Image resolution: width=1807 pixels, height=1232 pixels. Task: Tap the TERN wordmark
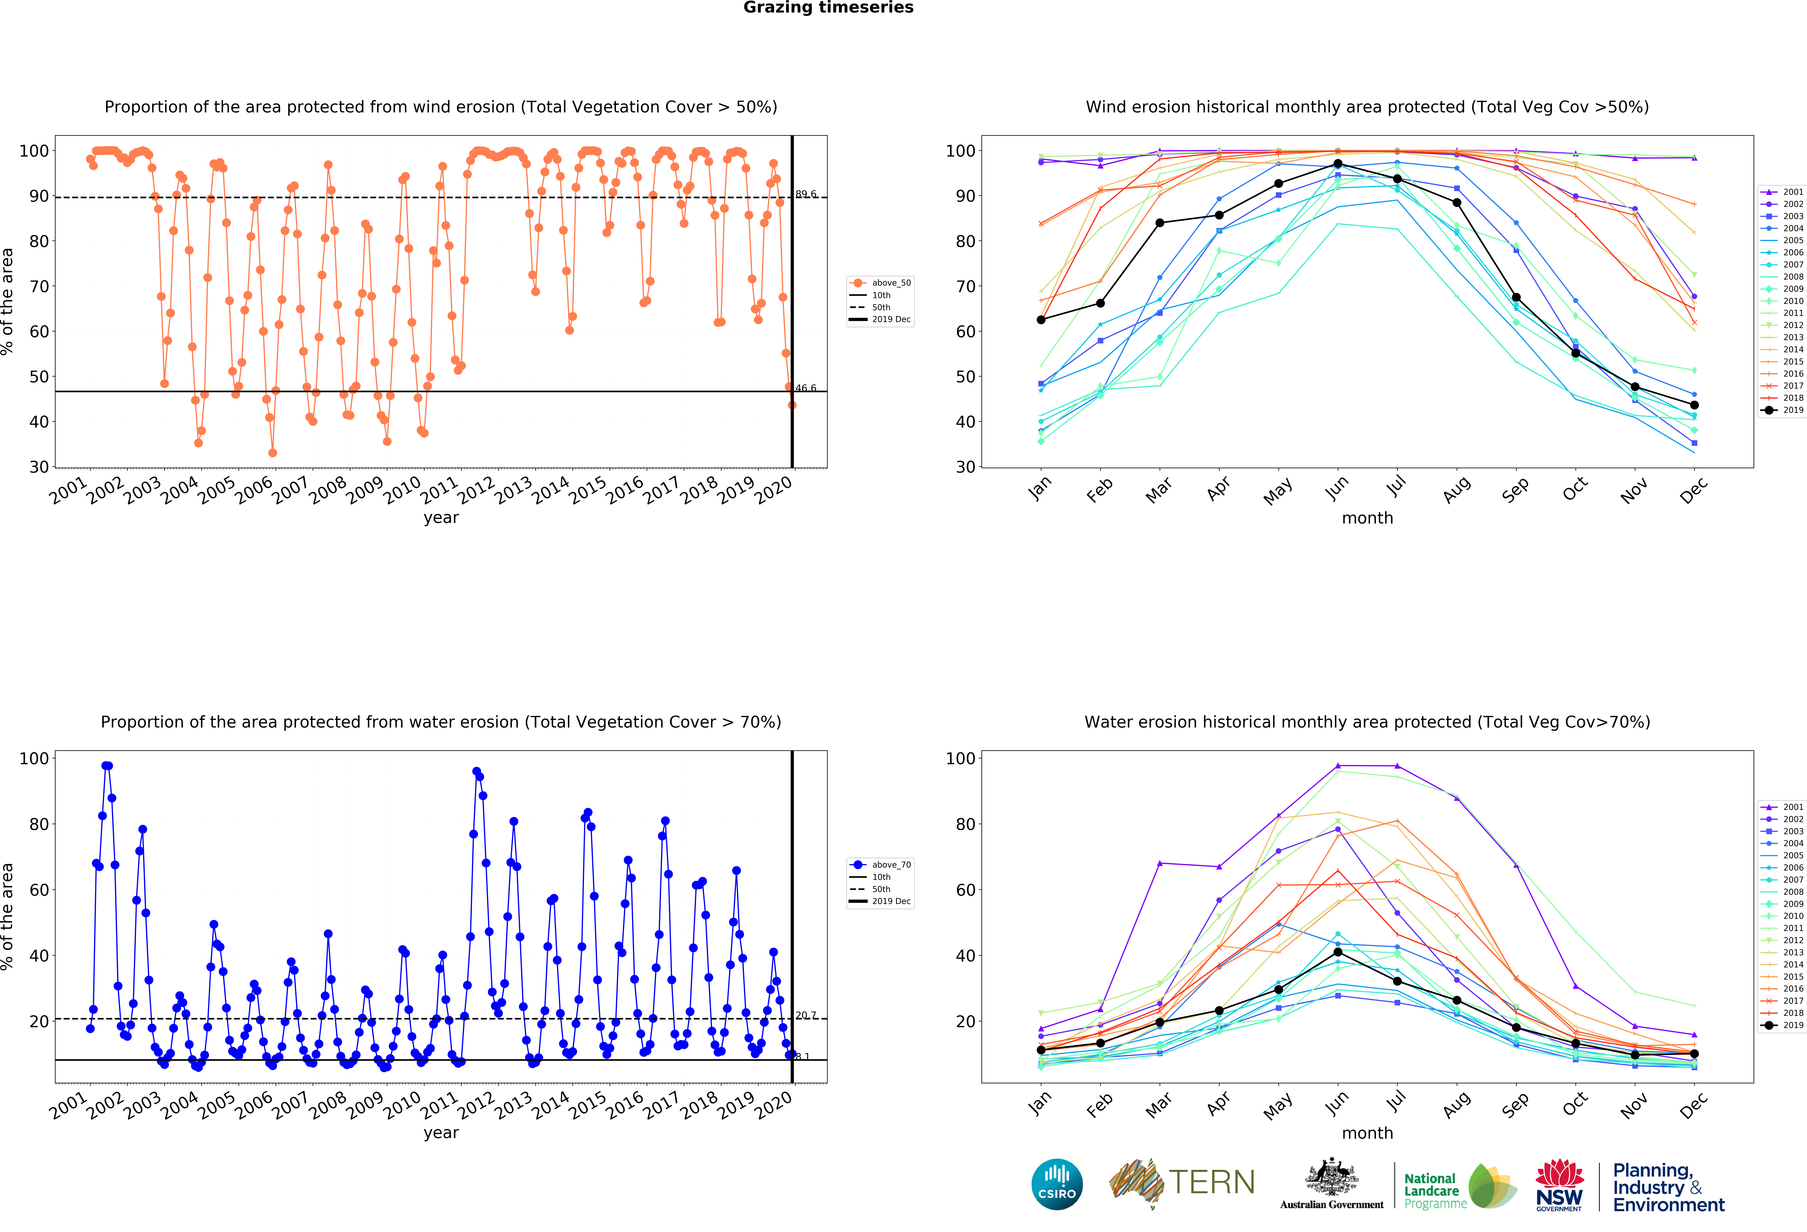point(1211,1182)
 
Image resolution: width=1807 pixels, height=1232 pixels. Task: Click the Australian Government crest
point(1332,1177)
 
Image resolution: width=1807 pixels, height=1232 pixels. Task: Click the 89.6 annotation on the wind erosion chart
point(805,194)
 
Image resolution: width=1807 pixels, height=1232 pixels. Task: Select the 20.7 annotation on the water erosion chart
point(805,1015)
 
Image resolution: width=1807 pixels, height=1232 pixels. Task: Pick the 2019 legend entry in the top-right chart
point(1782,410)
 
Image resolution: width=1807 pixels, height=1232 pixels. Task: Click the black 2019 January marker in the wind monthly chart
point(1041,320)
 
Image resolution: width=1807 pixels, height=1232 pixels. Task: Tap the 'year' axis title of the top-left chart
point(441,518)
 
